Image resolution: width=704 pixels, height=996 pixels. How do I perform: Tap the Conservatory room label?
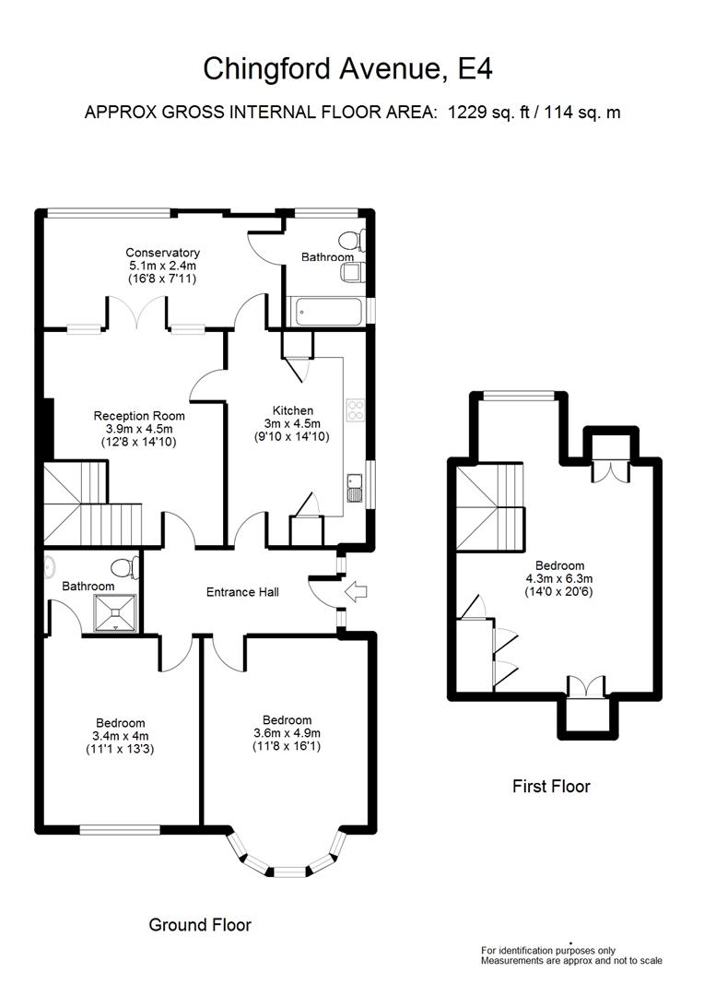tap(163, 253)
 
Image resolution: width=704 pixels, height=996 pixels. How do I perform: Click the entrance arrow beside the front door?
tap(353, 591)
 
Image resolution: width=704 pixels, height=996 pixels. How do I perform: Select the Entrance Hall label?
tap(242, 592)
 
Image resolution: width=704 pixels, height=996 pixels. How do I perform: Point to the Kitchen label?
tap(292, 410)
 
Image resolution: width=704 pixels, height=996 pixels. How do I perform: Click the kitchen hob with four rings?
tap(356, 410)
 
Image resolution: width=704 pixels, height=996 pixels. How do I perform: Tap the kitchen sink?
tap(355, 487)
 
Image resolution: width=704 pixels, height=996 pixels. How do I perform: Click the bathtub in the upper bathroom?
tap(326, 312)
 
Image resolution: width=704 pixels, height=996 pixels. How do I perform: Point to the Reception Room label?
tap(137, 416)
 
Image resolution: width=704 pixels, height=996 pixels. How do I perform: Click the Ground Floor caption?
tap(200, 924)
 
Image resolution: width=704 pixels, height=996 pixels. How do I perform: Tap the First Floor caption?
tap(551, 787)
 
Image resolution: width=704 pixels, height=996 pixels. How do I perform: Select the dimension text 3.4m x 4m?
tap(120, 736)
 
